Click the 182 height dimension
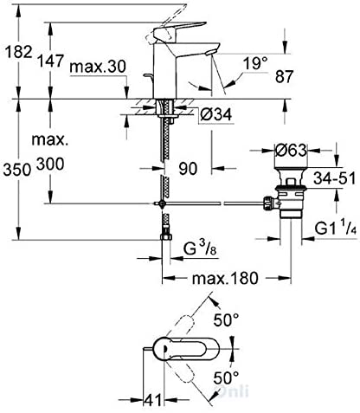(x=18, y=52)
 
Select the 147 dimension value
(x=51, y=61)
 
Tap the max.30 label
(x=98, y=67)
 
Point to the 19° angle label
(x=255, y=63)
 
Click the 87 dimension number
(x=284, y=76)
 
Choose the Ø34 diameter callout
(x=216, y=114)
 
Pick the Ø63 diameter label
(x=291, y=151)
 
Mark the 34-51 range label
(x=335, y=178)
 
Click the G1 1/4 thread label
(x=335, y=229)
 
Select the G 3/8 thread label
(x=200, y=248)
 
